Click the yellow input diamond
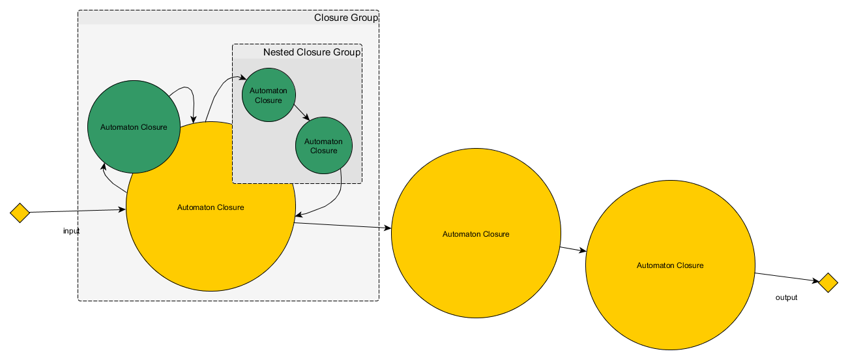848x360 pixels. coord(20,213)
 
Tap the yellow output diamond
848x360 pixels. coord(828,283)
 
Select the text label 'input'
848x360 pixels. coord(71,232)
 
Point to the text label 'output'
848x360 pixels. coord(786,297)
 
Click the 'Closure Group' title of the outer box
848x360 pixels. coord(345,18)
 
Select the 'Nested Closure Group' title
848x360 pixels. coord(312,52)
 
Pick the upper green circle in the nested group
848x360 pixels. coord(269,95)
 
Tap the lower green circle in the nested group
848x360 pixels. coord(323,145)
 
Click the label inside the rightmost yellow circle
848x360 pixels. coord(670,265)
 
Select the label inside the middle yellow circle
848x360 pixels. coord(476,233)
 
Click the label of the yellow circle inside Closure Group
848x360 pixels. coord(211,207)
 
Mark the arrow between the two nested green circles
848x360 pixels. coord(300,112)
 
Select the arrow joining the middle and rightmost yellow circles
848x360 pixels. coord(573,250)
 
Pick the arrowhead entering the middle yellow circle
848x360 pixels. coord(388,228)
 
